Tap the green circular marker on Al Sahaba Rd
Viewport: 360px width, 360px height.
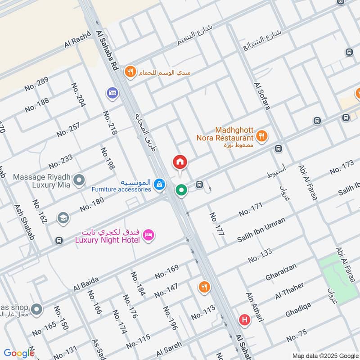pos(181,190)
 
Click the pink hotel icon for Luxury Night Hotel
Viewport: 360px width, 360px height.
pos(149,234)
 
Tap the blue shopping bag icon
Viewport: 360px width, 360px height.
pos(159,184)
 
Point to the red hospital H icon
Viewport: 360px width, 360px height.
pos(245,320)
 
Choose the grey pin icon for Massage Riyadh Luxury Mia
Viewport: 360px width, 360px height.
pos(79,180)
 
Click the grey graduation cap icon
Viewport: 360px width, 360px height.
pos(63,218)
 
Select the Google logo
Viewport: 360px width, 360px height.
pos(18,353)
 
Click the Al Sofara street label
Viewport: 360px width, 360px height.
pos(262,96)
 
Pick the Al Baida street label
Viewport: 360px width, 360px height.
pos(86,284)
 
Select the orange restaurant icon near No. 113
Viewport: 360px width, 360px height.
pos(204,287)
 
